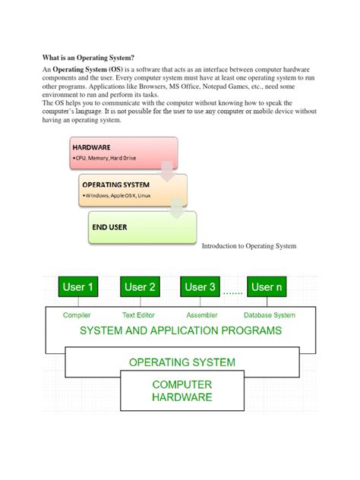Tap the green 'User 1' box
pyautogui.click(x=78, y=287)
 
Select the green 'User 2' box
pyautogui.click(x=140, y=287)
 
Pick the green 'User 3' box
pyautogui.click(x=201, y=287)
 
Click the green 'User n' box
pyautogui.click(x=267, y=287)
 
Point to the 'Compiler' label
pyautogui.click(x=78, y=314)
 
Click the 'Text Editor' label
pyautogui.click(x=139, y=314)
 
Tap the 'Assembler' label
pyautogui.click(x=201, y=314)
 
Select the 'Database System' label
pyautogui.click(x=270, y=314)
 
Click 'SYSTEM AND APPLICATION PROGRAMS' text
pyautogui.click(x=180, y=331)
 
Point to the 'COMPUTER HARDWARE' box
pyautogui.click(x=182, y=390)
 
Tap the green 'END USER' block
pyautogui.click(x=141, y=227)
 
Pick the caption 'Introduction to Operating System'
pyautogui.click(x=248, y=246)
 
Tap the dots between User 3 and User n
pyautogui.click(x=233, y=290)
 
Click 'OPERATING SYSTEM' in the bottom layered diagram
pyautogui.click(x=182, y=362)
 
